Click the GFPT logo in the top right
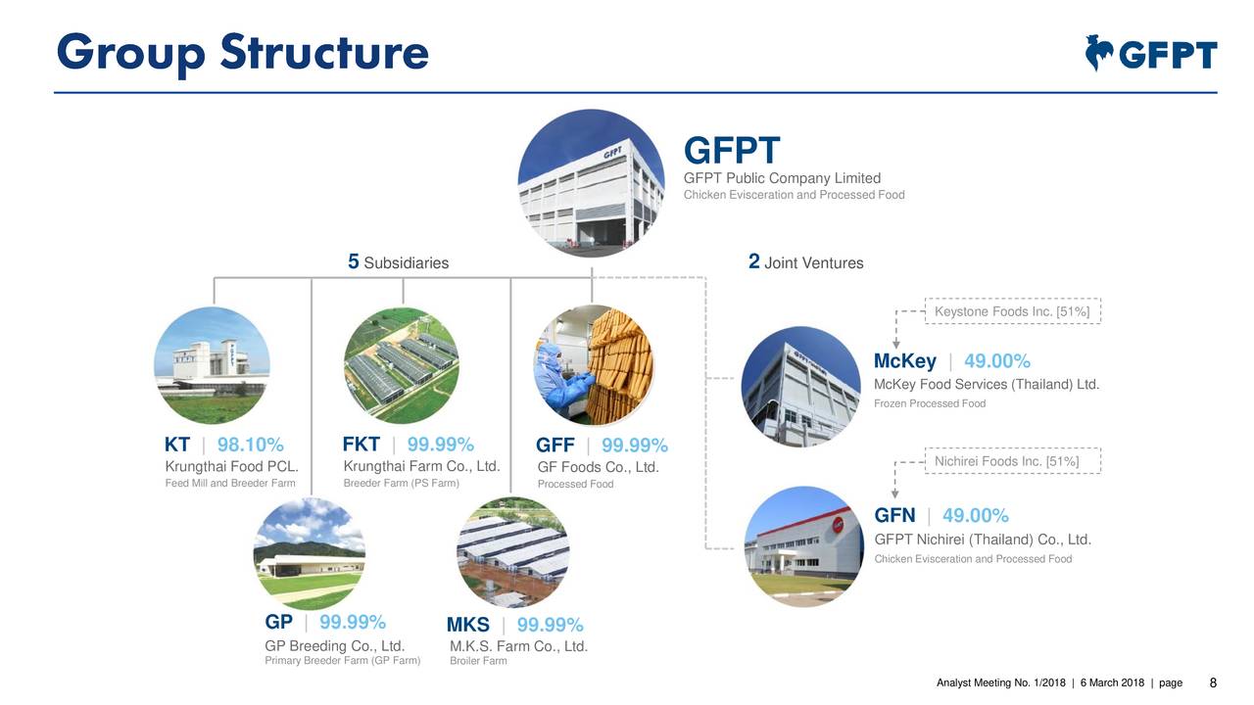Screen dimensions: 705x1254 click(1151, 54)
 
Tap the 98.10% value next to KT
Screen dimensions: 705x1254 click(250, 446)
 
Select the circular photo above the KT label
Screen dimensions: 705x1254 click(212, 365)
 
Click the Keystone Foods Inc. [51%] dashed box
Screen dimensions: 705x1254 click(1013, 311)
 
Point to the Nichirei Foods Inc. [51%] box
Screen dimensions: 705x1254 click(1013, 461)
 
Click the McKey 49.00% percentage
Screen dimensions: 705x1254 click(997, 362)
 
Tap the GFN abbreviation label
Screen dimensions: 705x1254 click(894, 516)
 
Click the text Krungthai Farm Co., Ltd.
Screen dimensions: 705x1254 click(421, 465)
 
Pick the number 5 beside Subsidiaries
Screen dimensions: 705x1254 click(354, 261)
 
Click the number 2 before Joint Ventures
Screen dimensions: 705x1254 click(753, 261)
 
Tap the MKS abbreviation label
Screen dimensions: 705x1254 click(468, 626)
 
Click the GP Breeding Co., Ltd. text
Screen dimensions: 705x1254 click(335, 645)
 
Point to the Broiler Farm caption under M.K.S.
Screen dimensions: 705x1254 click(478, 661)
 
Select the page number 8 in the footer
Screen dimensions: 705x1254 click(1213, 683)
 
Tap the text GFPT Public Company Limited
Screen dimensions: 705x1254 click(782, 178)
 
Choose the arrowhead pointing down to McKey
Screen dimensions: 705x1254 click(896, 345)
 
